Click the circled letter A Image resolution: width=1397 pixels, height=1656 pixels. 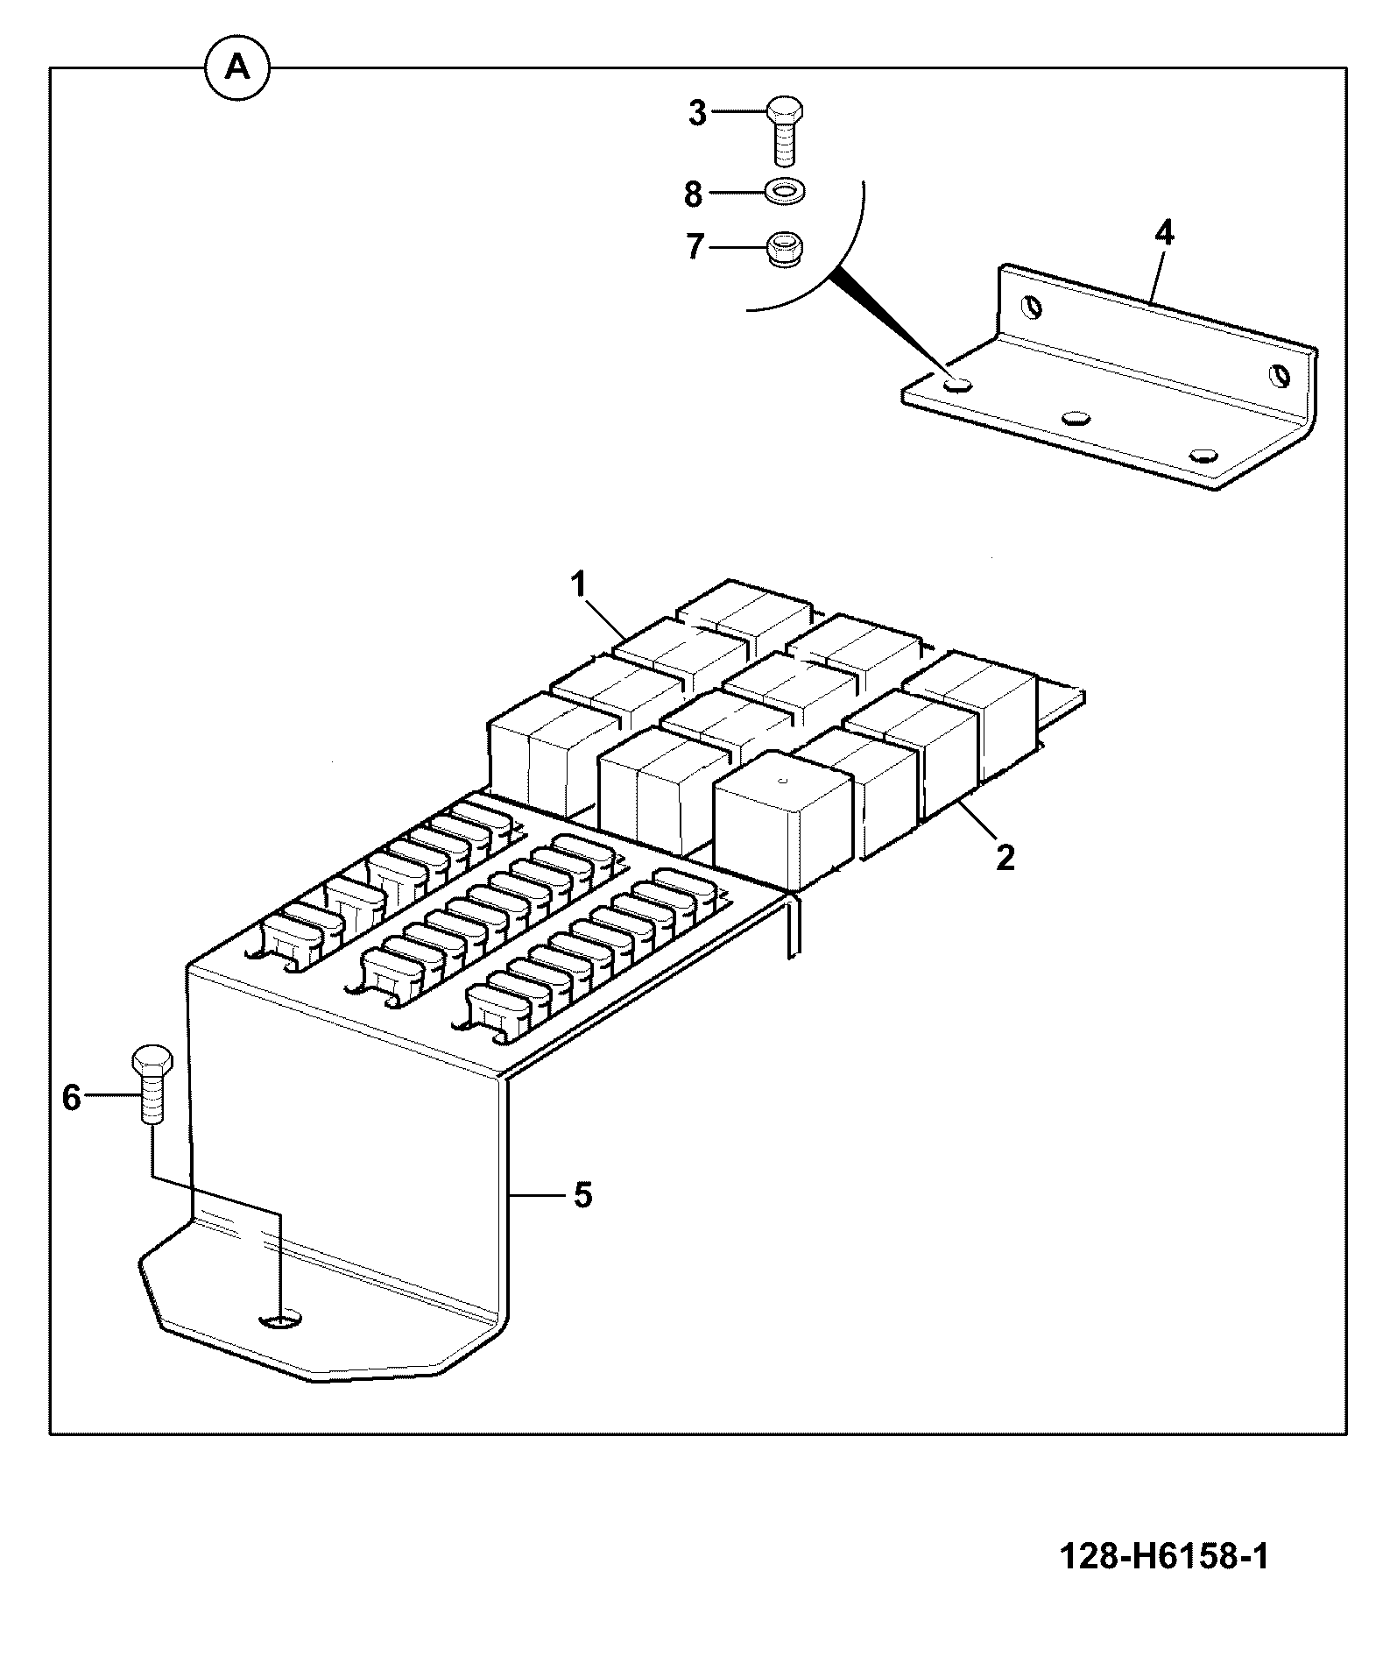coord(237,68)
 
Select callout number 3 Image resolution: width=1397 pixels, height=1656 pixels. coord(697,114)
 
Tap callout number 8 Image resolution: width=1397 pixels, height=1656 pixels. coord(693,195)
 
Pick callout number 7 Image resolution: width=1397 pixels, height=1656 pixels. coord(695,248)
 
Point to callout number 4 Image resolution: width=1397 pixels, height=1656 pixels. coord(1164,234)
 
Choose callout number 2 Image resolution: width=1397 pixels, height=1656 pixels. coord(1005,857)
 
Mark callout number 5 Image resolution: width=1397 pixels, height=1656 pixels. coord(583,1195)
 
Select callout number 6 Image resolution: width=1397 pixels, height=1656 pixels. coord(72,1098)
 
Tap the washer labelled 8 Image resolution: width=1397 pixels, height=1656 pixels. coord(786,191)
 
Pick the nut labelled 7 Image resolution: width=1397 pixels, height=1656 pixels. coord(784,249)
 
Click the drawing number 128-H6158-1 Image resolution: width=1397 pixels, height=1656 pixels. coord(1164,1557)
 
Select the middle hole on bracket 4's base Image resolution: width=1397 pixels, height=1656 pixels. coord(1076,416)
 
